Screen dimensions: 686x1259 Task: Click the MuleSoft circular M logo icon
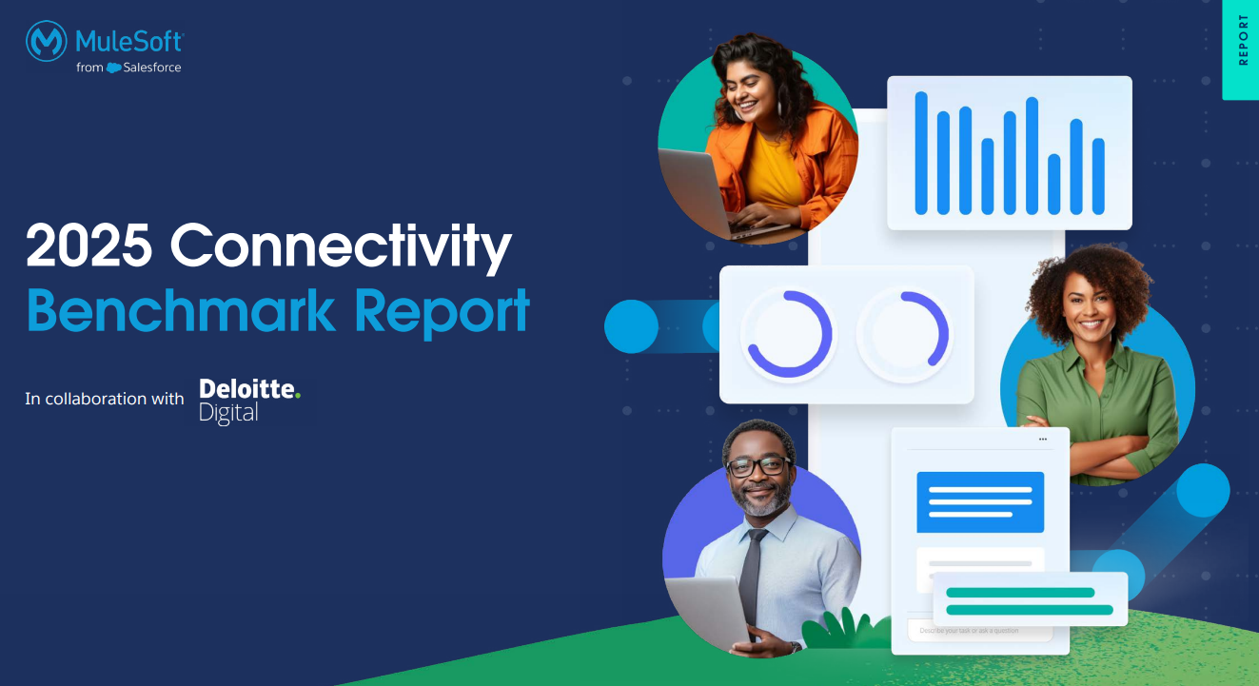[46, 42]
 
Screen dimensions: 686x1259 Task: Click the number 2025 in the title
[89, 246]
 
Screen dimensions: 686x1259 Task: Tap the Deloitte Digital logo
[249, 401]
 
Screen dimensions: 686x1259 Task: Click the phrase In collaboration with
[105, 399]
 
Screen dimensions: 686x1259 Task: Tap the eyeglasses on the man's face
[757, 466]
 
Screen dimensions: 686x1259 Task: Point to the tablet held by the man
[709, 609]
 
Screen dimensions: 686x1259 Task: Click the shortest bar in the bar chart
[1054, 185]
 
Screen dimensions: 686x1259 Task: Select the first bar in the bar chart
[921, 153]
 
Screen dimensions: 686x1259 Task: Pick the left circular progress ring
[788, 335]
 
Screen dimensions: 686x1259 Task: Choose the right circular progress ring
[904, 335]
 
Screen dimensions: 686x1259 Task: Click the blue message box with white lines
[980, 501]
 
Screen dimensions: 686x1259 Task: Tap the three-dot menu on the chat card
[1043, 440]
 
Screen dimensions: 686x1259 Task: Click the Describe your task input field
[980, 631]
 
